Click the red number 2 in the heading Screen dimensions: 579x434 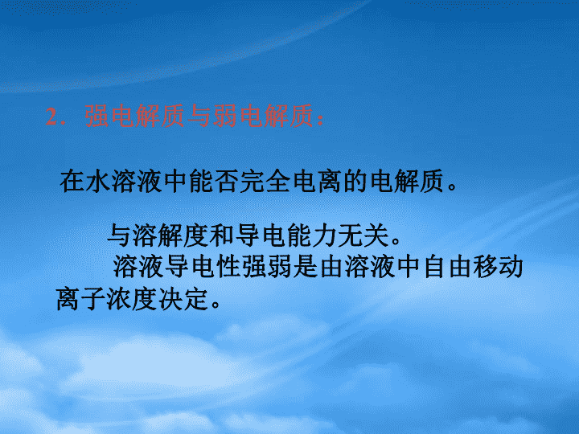coord(51,117)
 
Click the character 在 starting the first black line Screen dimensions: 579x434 coord(72,181)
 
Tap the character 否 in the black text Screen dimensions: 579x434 coord(227,181)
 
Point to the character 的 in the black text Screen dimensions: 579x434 coord(355,181)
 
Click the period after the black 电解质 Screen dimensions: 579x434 coord(452,186)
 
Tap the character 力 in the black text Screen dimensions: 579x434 coord(325,235)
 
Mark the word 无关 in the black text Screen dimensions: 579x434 coord(363,235)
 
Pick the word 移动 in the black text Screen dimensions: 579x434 coord(498,267)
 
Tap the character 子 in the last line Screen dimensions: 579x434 coord(93,298)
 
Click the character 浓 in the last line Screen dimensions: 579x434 coord(119,298)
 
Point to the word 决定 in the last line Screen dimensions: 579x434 coord(183,298)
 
